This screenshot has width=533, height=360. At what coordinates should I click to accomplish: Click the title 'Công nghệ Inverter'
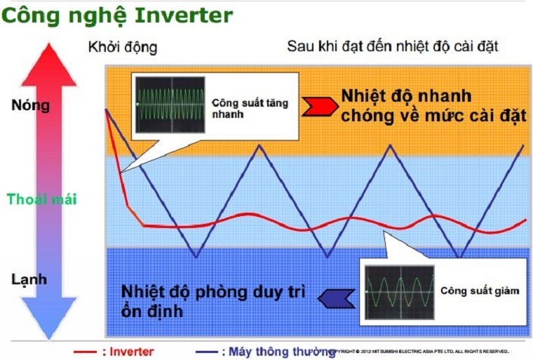pyautogui.click(x=116, y=15)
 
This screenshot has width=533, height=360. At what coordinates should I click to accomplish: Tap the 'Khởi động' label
pyautogui.click(x=123, y=48)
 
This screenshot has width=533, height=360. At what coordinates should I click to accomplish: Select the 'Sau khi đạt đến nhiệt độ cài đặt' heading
pyautogui.click(x=392, y=48)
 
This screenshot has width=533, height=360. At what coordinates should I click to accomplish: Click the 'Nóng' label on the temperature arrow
pyautogui.click(x=30, y=106)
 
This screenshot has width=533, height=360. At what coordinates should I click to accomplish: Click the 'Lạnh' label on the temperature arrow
pyautogui.click(x=29, y=279)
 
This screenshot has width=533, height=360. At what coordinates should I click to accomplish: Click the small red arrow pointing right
pyautogui.click(x=318, y=106)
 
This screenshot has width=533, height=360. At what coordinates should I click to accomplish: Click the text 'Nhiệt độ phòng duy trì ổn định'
pyautogui.click(x=211, y=300)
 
